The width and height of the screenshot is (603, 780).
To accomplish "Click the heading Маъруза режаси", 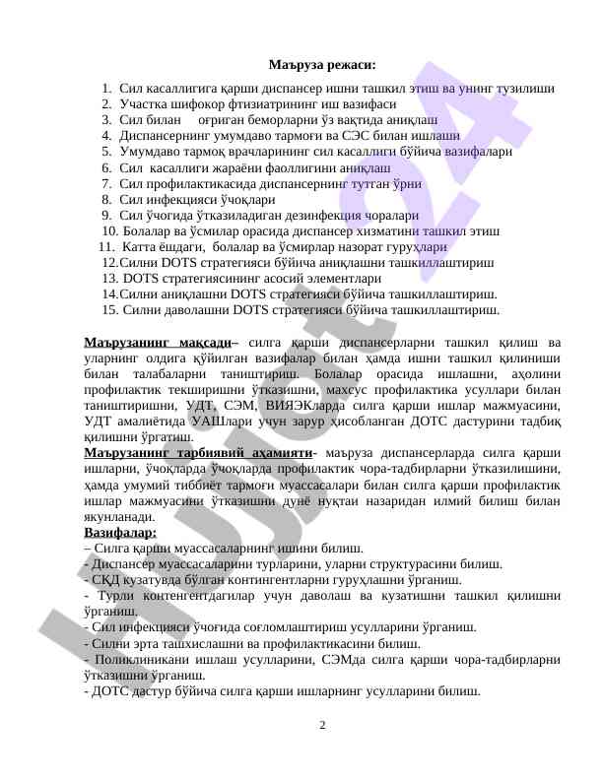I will click(x=321, y=65).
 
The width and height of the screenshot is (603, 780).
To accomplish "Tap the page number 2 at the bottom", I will click(x=322, y=726).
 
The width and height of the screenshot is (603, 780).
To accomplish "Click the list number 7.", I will click(x=105, y=183).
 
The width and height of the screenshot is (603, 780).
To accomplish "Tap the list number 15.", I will click(x=109, y=309).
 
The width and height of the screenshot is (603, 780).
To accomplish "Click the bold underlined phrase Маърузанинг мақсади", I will click(x=159, y=342).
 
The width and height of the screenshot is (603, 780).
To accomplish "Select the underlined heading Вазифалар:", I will click(x=120, y=532).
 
